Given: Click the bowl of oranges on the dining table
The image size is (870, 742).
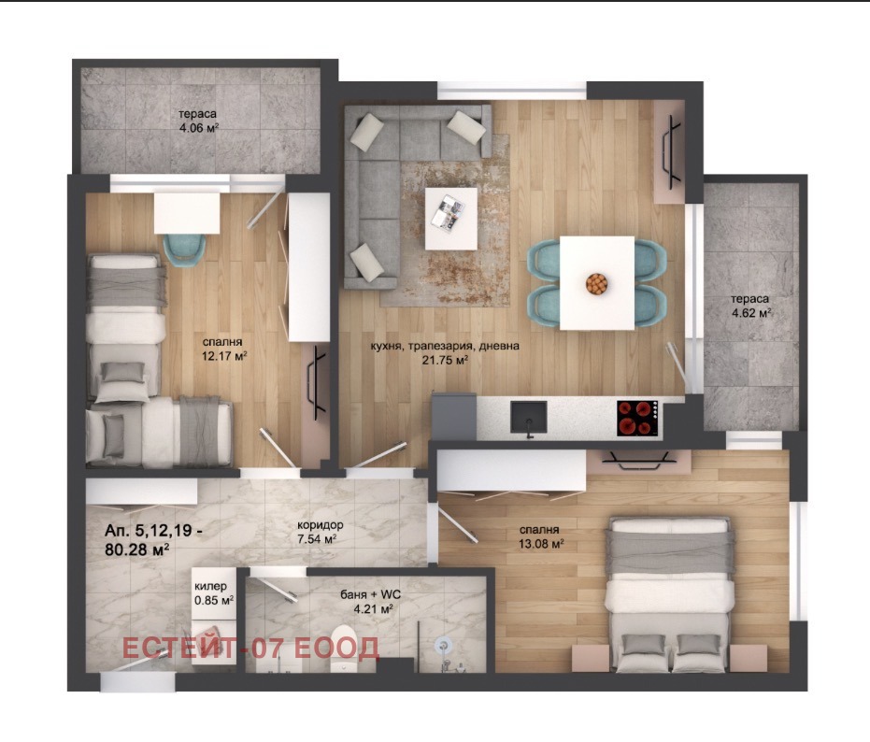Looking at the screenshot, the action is (x=596, y=283).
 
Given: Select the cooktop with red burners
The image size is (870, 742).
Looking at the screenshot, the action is (x=638, y=418).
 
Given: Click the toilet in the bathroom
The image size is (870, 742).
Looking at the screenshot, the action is (x=345, y=649).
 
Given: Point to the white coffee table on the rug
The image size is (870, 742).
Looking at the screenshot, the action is (x=451, y=219).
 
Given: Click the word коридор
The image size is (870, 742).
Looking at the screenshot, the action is (x=321, y=525).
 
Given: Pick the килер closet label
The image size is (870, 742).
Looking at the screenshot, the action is (x=211, y=587).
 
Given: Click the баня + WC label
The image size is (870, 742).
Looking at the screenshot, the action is (x=371, y=595).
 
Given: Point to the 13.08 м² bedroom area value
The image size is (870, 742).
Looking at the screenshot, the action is (x=541, y=544).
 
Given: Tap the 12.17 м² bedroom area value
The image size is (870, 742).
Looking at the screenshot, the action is (x=224, y=355).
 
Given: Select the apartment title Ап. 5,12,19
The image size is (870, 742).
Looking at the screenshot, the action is (x=152, y=531).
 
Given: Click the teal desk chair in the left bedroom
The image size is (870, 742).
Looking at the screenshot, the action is (x=184, y=250).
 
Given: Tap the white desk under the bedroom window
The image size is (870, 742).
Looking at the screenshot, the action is (x=187, y=213).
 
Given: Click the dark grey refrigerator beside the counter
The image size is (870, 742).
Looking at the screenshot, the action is (x=454, y=416).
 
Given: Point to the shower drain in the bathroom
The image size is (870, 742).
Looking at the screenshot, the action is (x=443, y=644).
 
